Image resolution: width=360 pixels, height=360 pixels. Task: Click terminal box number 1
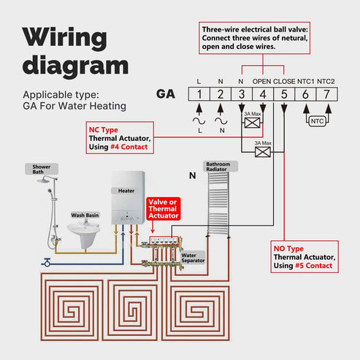pyautogui.click(x=199, y=93)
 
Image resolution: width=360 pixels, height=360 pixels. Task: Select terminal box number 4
pyautogui.click(x=262, y=93)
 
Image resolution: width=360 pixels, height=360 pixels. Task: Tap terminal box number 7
pyautogui.click(x=326, y=93)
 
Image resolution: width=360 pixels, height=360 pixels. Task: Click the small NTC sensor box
pyautogui.click(x=316, y=120)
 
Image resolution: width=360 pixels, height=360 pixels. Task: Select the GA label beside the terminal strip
pyautogui.click(x=166, y=93)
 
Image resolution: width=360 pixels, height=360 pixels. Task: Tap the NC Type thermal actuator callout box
pyautogui.click(x=119, y=137)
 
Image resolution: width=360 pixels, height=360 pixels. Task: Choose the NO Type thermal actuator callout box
pyautogui.click(x=305, y=256)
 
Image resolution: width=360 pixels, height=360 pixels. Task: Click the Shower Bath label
pyautogui.click(x=42, y=169)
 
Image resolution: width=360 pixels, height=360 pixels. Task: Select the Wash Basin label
pyautogui.click(x=85, y=215)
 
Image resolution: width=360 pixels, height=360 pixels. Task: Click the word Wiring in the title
pyautogui.click(x=64, y=37)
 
